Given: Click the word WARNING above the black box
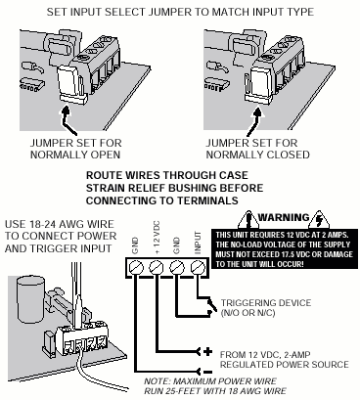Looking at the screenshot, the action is [284, 217].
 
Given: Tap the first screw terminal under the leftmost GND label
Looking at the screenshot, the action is [136, 268].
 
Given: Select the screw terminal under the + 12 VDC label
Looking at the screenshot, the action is [157, 268].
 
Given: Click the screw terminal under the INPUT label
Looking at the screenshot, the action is [198, 268].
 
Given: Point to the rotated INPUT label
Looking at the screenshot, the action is [198, 243].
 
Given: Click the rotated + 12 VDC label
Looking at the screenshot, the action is [157, 238].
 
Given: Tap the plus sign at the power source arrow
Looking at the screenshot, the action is [207, 352].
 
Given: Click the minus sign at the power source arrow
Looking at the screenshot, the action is [208, 372].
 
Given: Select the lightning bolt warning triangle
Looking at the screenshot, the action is [320, 220].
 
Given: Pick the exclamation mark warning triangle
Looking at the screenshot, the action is [248, 220].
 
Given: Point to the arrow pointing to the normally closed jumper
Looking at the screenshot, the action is [253, 121].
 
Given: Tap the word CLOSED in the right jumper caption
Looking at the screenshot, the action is [290, 155].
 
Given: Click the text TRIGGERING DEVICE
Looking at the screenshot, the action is [266, 303].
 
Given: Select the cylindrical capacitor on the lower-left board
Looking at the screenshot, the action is [31, 299].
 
